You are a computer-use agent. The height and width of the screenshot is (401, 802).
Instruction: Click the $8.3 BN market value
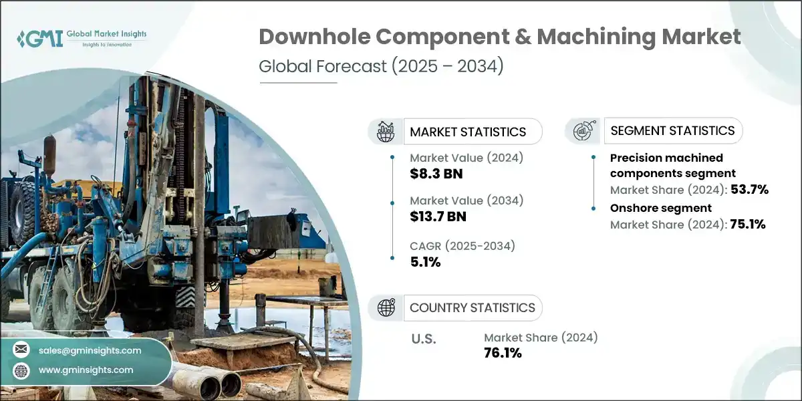(x=436, y=174)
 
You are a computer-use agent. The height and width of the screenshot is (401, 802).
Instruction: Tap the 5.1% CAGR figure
(x=425, y=261)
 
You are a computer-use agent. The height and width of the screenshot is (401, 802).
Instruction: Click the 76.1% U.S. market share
(x=503, y=353)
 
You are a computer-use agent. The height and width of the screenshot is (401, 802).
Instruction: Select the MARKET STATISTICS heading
(x=468, y=132)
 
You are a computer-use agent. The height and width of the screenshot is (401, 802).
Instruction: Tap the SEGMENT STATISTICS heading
(x=673, y=130)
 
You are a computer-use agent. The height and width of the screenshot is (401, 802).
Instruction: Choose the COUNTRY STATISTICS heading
(x=473, y=307)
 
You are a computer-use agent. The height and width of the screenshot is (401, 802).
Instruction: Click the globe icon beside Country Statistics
(x=386, y=307)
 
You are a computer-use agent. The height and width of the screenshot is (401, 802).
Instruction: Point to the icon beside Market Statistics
(x=386, y=132)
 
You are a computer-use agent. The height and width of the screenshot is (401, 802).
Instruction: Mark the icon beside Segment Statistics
(x=583, y=130)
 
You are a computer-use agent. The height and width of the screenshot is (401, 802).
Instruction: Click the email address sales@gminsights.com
(x=90, y=350)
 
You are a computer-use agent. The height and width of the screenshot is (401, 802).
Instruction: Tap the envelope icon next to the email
(x=22, y=350)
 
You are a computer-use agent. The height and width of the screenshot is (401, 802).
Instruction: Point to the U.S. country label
(x=423, y=339)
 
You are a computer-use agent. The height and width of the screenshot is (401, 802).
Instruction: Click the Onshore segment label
(x=661, y=208)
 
